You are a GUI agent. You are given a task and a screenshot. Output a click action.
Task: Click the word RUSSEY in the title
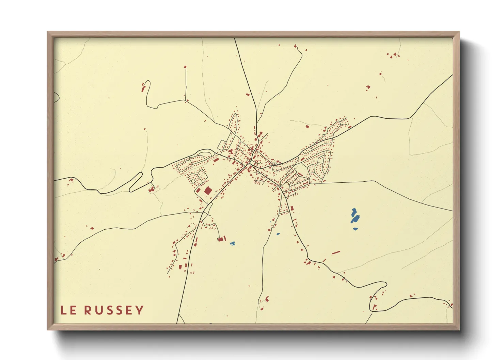click(114, 310)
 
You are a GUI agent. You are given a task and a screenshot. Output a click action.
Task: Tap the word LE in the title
click(68, 310)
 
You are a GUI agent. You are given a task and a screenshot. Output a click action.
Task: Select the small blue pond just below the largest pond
click(355, 229)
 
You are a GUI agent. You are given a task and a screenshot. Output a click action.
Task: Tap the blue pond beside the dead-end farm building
click(232, 243)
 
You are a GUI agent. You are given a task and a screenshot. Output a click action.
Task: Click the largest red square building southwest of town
click(208, 190)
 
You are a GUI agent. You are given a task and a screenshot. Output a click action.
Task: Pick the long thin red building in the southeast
click(336, 252)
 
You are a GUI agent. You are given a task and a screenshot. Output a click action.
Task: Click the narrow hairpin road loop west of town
click(136, 182)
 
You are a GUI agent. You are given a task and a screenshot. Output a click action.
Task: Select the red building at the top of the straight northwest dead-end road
click(185, 67)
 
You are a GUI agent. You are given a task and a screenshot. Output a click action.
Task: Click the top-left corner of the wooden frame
click(48, 32)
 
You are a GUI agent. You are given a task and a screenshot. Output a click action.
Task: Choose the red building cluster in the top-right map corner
click(393, 55)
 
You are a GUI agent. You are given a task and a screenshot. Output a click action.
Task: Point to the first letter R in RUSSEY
click(88, 310)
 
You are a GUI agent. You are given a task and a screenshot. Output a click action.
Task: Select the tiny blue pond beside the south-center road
click(278, 234)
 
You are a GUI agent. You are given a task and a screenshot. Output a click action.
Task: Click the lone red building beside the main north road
click(248, 95)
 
